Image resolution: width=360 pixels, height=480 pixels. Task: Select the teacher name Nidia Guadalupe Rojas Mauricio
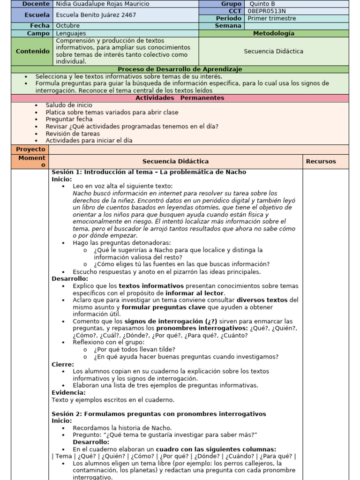pyautogui.click(x=103, y=4)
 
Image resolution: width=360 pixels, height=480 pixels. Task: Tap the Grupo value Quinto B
pyautogui.click(x=262, y=4)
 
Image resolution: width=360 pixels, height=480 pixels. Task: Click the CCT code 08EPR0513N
pyautogui.click(x=267, y=11)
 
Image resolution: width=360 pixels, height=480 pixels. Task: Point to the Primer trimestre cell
pyautogui.click(x=272, y=18)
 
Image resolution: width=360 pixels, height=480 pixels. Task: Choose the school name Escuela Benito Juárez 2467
pyautogui.click(x=96, y=15)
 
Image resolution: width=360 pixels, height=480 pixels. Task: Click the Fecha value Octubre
pyautogui.click(x=67, y=26)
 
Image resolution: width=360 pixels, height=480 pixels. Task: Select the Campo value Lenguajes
pyautogui.click(x=71, y=33)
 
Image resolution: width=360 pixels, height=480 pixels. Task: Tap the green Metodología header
pyautogui.click(x=274, y=33)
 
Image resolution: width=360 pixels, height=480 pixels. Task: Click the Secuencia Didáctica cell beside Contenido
pyautogui.click(x=274, y=51)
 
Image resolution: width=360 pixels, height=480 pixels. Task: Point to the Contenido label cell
pyautogui.click(x=32, y=51)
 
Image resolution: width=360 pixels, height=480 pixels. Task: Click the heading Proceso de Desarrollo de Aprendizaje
pyautogui.click(x=180, y=69)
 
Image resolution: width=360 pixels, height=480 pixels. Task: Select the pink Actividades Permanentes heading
pyautogui.click(x=180, y=98)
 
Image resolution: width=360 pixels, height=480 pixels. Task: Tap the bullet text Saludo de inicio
pyautogui.click(x=69, y=105)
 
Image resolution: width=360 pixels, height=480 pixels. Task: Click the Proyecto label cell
pyautogui.click(x=30, y=149)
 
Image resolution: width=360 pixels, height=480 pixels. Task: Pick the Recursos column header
pyautogui.click(x=321, y=161)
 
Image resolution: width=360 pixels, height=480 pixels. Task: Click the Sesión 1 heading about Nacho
pyautogui.click(x=149, y=172)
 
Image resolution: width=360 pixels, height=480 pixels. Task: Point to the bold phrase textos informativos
pyautogui.click(x=151, y=285)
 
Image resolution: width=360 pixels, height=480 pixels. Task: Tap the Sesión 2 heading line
pyautogui.click(x=158, y=414)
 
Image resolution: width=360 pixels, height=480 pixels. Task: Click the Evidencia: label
pyautogui.click(x=68, y=392)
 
